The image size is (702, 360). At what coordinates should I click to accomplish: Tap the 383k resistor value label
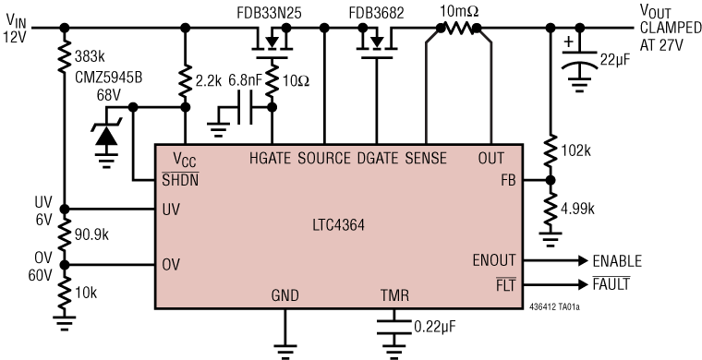(x=90, y=58)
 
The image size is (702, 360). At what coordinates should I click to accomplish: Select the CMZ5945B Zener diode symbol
(x=107, y=134)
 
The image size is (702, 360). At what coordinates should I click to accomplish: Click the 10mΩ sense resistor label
(x=458, y=10)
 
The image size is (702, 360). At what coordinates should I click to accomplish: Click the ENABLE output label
(x=616, y=261)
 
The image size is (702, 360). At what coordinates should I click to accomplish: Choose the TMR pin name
(x=394, y=297)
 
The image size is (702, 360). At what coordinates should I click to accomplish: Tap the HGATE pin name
(x=271, y=157)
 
